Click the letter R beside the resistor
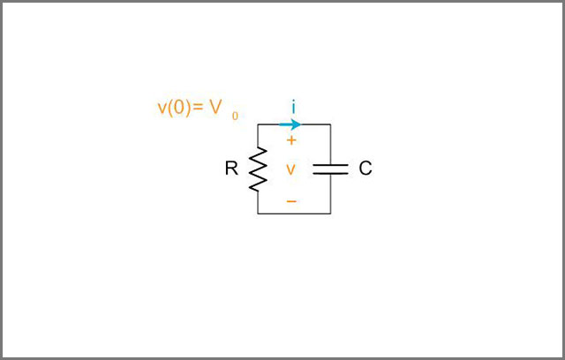(x=231, y=169)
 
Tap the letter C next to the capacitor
(x=365, y=169)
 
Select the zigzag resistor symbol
(x=258, y=169)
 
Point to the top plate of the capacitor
(x=330, y=165)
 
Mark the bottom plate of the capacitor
(x=330, y=173)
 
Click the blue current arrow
(x=290, y=124)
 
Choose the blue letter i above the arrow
(x=294, y=107)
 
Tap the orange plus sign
(x=291, y=140)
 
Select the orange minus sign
(x=291, y=201)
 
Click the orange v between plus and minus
(x=290, y=169)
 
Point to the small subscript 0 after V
(x=235, y=116)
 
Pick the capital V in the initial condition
(x=215, y=107)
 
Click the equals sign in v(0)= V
(x=198, y=107)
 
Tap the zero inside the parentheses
(x=179, y=107)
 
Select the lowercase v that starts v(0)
(x=162, y=109)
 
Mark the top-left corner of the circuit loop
(x=258, y=124)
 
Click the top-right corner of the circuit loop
(x=330, y=124)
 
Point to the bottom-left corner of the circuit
(x=258, y=214)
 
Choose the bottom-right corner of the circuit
(x=330, y=214)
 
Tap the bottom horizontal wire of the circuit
(x=294, y=214)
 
